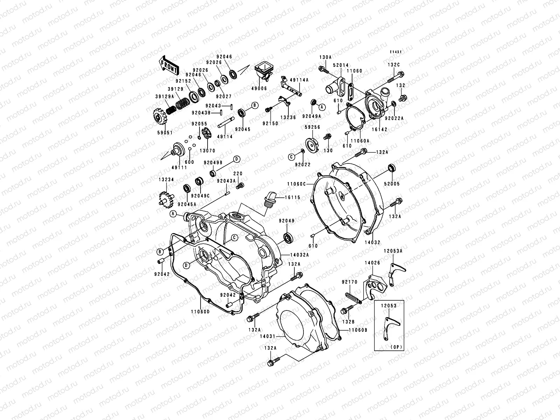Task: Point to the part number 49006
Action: [x=259, y=89]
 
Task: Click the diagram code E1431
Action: [x=396, y=52]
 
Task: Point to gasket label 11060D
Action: [x=201, y=312]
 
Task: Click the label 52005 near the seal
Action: [x=392, y=184]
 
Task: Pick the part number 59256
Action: [x=312, y=128]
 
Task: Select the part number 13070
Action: [x=207, y=150]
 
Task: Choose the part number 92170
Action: [x=349, y=281]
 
